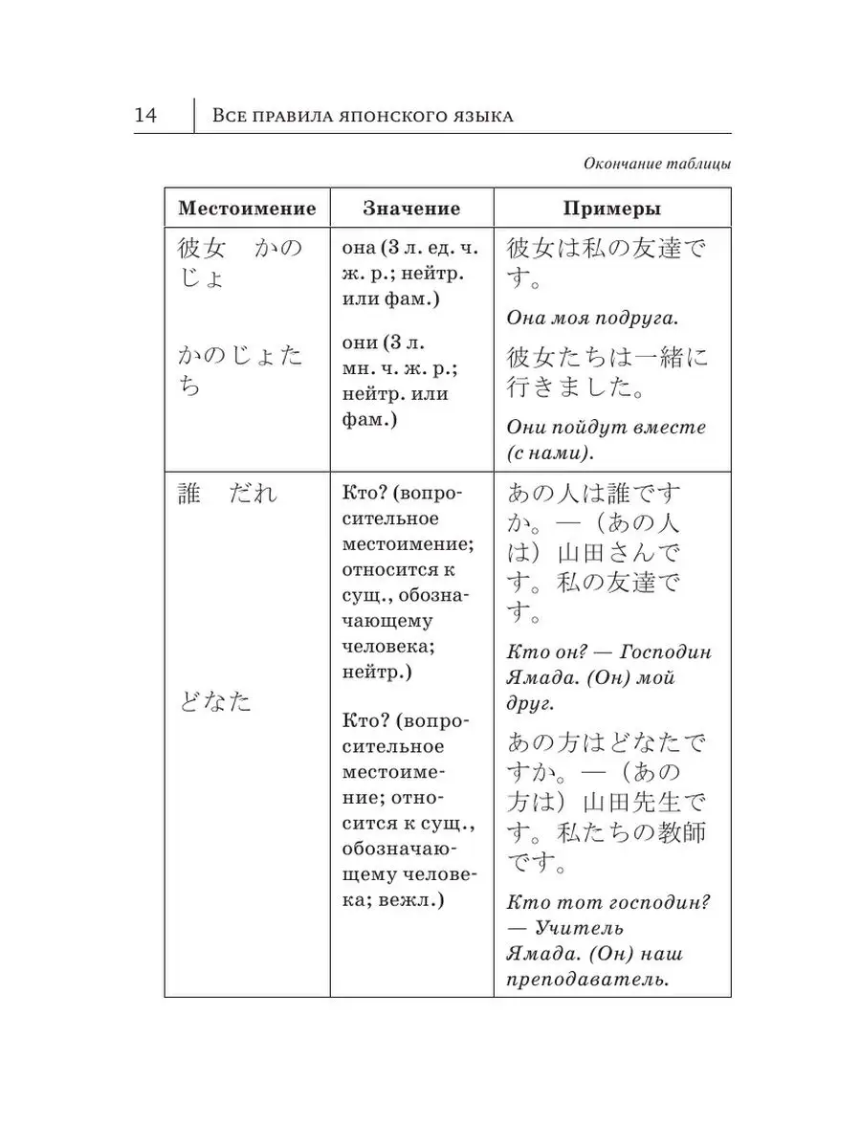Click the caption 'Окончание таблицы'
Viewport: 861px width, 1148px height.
click(657, 164)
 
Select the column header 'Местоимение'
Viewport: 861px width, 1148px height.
click(247, 209)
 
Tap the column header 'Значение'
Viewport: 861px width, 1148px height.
click(411, 209)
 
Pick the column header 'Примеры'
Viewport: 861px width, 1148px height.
click(611, 209)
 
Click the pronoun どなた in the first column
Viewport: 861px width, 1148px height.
click(215, 701)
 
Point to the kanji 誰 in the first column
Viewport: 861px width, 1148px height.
click(190, 494)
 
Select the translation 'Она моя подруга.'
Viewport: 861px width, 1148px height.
click(598, 318)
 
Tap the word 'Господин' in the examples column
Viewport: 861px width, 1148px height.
click(665, 652)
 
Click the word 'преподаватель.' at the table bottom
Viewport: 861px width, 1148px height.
click(585, 979)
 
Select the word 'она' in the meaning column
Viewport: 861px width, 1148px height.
click(358, 249)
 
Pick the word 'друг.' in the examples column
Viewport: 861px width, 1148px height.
click(529, 704)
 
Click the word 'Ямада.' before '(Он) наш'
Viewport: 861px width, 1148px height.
click(541, 954)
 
